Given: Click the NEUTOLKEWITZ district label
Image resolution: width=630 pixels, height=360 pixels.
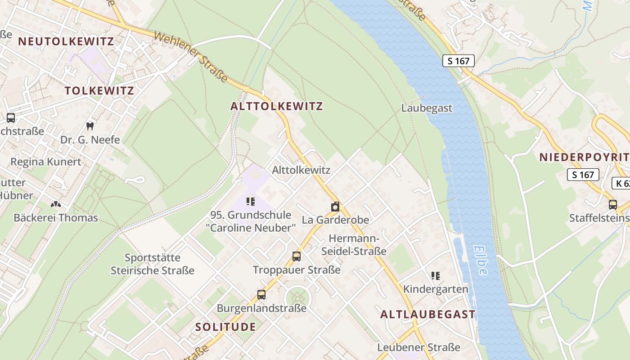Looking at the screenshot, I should [x=66, y=41].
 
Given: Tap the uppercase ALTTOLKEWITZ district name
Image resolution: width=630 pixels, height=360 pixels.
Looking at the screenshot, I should [x=276, y=106].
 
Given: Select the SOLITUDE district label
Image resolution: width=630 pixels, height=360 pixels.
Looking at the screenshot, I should [x=225, y=327].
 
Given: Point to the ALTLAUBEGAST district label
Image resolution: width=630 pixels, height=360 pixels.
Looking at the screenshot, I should [x=427, y=314].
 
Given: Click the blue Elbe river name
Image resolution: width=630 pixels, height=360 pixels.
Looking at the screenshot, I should [x=481, y=260].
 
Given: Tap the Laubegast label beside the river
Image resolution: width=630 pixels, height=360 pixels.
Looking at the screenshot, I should [x=427, y=108].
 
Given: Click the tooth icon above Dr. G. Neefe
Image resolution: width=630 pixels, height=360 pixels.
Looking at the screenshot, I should [x=90, y=126].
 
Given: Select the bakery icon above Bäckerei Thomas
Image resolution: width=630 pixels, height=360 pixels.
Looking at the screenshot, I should [x=55, y=205].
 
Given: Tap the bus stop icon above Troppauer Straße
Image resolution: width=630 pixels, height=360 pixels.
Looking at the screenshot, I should [x=296, y=256].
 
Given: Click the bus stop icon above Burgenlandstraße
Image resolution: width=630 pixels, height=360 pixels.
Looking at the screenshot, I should [x=261, y=295].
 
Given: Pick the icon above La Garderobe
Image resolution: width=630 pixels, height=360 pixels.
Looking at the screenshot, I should [x=335, y=207].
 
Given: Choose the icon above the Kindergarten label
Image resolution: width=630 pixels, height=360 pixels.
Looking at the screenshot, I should [x=435, y=275].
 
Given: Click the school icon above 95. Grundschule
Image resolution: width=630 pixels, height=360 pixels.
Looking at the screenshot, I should [x=251, y=202].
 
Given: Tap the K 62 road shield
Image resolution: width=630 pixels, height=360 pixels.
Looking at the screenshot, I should [x=621, y=183].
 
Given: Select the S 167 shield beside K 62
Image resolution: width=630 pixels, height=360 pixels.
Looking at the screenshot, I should [x=583, y=175].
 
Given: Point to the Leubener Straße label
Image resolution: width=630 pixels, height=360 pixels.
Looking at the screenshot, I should [x=418, y=347].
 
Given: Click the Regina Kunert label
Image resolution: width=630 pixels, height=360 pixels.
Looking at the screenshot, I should [x=46, y=162].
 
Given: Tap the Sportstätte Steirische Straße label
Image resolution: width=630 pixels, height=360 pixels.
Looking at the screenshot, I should [x=153, y=264].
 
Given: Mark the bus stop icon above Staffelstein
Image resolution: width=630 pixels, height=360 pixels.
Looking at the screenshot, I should [x=612, y=205].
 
